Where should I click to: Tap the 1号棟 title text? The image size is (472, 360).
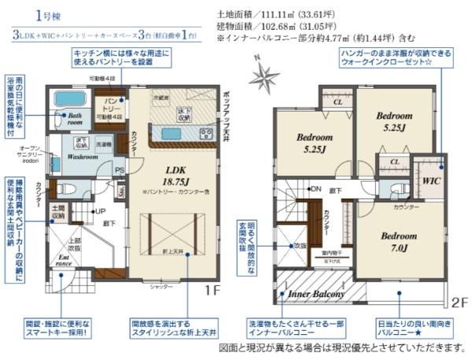[x=38, y=15]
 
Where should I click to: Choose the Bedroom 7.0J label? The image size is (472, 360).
[x=399, y=241]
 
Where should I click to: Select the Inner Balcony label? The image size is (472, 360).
[x=317, y=294]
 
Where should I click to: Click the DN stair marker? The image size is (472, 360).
[x=315, y=189]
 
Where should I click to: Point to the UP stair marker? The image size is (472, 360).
[x=100, y=211]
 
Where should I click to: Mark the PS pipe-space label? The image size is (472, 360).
[x=120, y=170]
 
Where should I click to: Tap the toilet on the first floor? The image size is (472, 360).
[x=65, y=189]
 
